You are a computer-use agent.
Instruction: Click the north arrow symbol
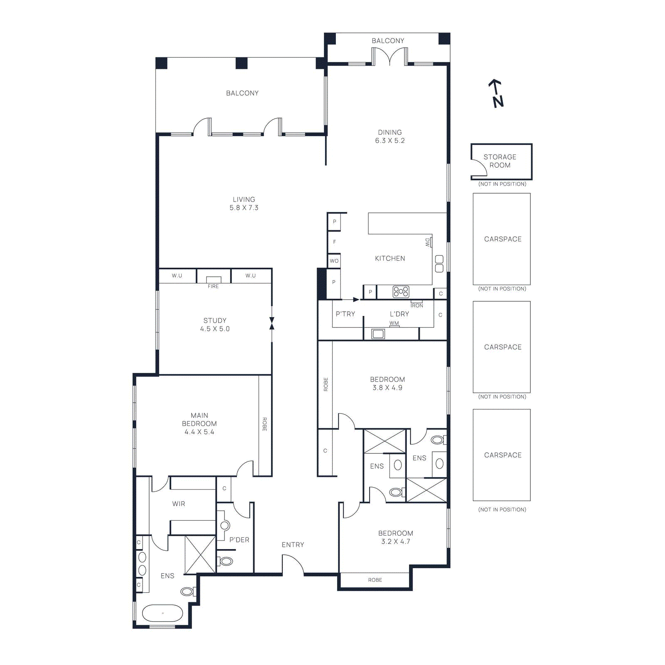[496, 94]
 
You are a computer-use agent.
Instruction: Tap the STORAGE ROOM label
[500, 161]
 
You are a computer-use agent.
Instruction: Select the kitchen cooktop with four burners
[401, 292]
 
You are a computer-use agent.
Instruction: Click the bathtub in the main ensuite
[163, 613]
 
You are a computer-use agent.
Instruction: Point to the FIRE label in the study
[213, 286]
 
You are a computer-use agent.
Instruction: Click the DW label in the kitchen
[427, 242]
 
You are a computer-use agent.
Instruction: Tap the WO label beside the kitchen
[334, 261]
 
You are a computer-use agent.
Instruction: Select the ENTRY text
[293, 544]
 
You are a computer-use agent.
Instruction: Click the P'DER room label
[239, 539]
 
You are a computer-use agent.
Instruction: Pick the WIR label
[179, 504]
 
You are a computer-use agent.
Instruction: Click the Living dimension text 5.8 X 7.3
[244, 208]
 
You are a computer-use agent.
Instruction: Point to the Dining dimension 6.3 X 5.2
[390, 140]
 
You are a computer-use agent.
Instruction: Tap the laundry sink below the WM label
[378, 334]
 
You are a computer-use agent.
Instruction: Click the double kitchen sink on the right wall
[439, 264]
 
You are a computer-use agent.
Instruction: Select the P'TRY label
[345, 314]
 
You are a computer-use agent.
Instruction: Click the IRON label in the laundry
[417, 305]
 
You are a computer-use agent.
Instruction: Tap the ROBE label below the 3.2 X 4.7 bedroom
[375, 580]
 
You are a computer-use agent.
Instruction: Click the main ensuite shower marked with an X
[200, 555]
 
